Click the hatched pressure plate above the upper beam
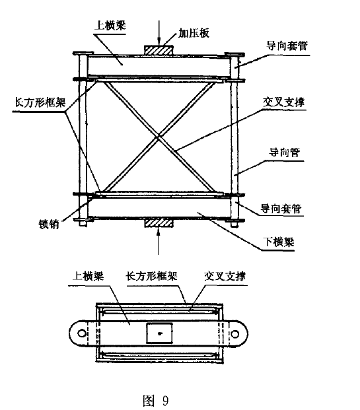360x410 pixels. pos(159,50)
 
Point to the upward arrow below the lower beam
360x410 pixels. pos(159,243)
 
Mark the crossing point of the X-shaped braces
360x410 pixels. pos(159,137)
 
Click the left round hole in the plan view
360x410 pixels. pos(80,334)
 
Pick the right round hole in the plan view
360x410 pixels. pos(240,334)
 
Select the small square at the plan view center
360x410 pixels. pos(159,334)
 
